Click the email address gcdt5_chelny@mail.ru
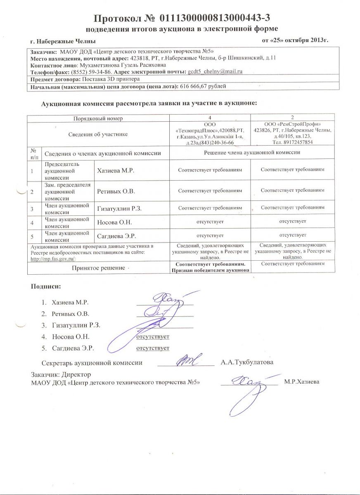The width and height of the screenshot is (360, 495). click(x=215, y=71)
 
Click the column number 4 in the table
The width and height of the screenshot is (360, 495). click(x=210, y=118)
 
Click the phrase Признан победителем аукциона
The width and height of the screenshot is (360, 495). click(x=210, y=270)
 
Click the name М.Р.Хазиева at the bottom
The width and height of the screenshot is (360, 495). click(x=301, y=382)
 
